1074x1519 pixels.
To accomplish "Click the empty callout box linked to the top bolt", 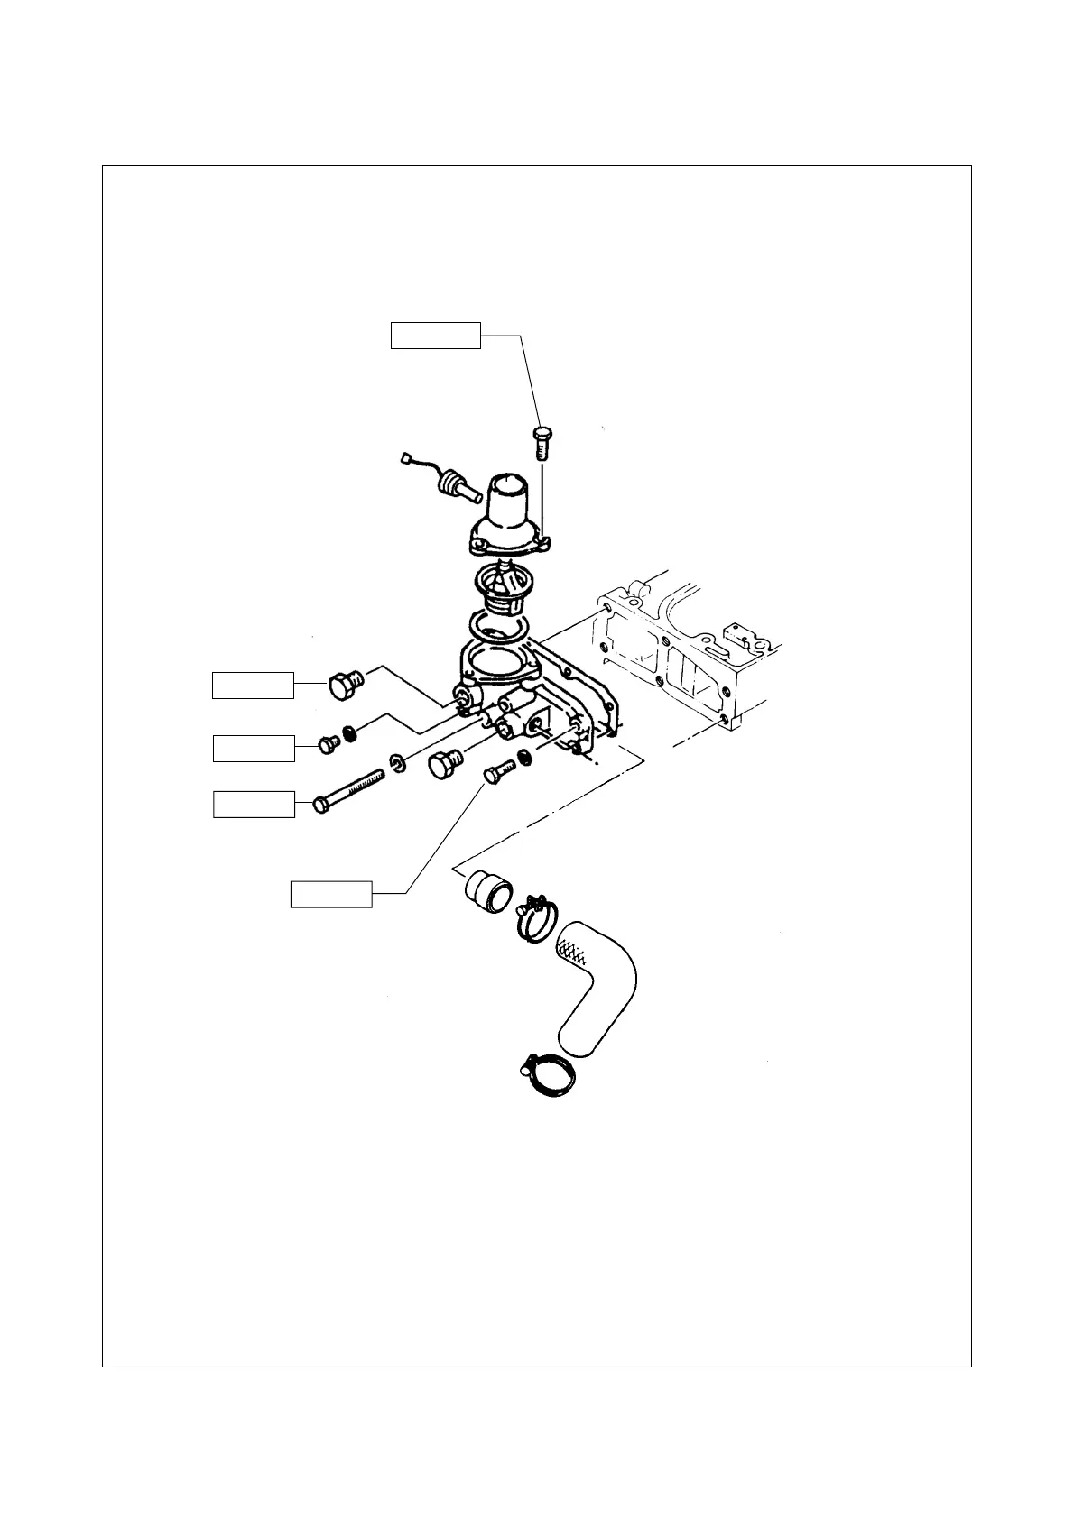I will [435, 335].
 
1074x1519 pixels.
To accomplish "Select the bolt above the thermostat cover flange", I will [542, 443].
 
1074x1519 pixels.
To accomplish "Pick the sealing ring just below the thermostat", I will [497, 622].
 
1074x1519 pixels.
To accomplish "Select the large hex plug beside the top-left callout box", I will [343, 685].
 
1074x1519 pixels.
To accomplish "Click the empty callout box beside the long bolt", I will [254, 804].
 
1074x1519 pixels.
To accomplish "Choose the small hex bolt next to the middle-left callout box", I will [329, 744].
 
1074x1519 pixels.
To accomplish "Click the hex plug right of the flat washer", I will [444, 767].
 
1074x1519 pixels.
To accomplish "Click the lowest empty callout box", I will [331, 894].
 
